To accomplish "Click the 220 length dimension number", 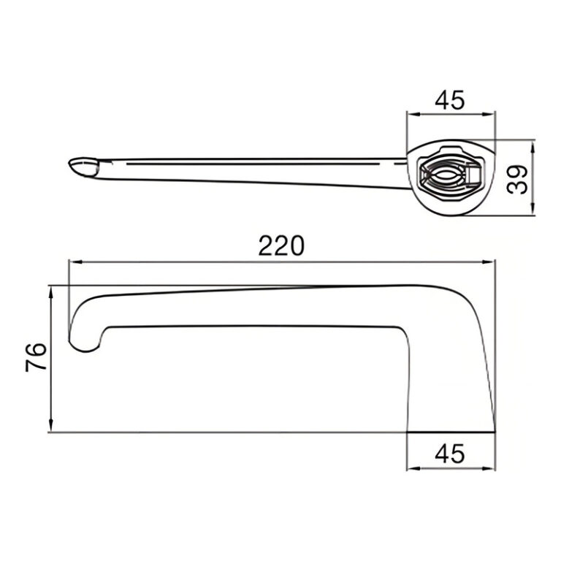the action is (281, 245).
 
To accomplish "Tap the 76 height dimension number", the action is (36, 357).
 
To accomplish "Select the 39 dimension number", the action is (518, 180).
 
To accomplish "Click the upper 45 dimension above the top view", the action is (450, 100).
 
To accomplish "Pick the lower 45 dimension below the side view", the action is (450, 454).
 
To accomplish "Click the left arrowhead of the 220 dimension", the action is (76, 262).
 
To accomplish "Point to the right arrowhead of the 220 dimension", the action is (489, 262).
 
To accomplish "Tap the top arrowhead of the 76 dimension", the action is (51, 293).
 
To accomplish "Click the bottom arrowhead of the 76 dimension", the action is (51, 425).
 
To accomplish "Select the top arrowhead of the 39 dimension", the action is (533, 147).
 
